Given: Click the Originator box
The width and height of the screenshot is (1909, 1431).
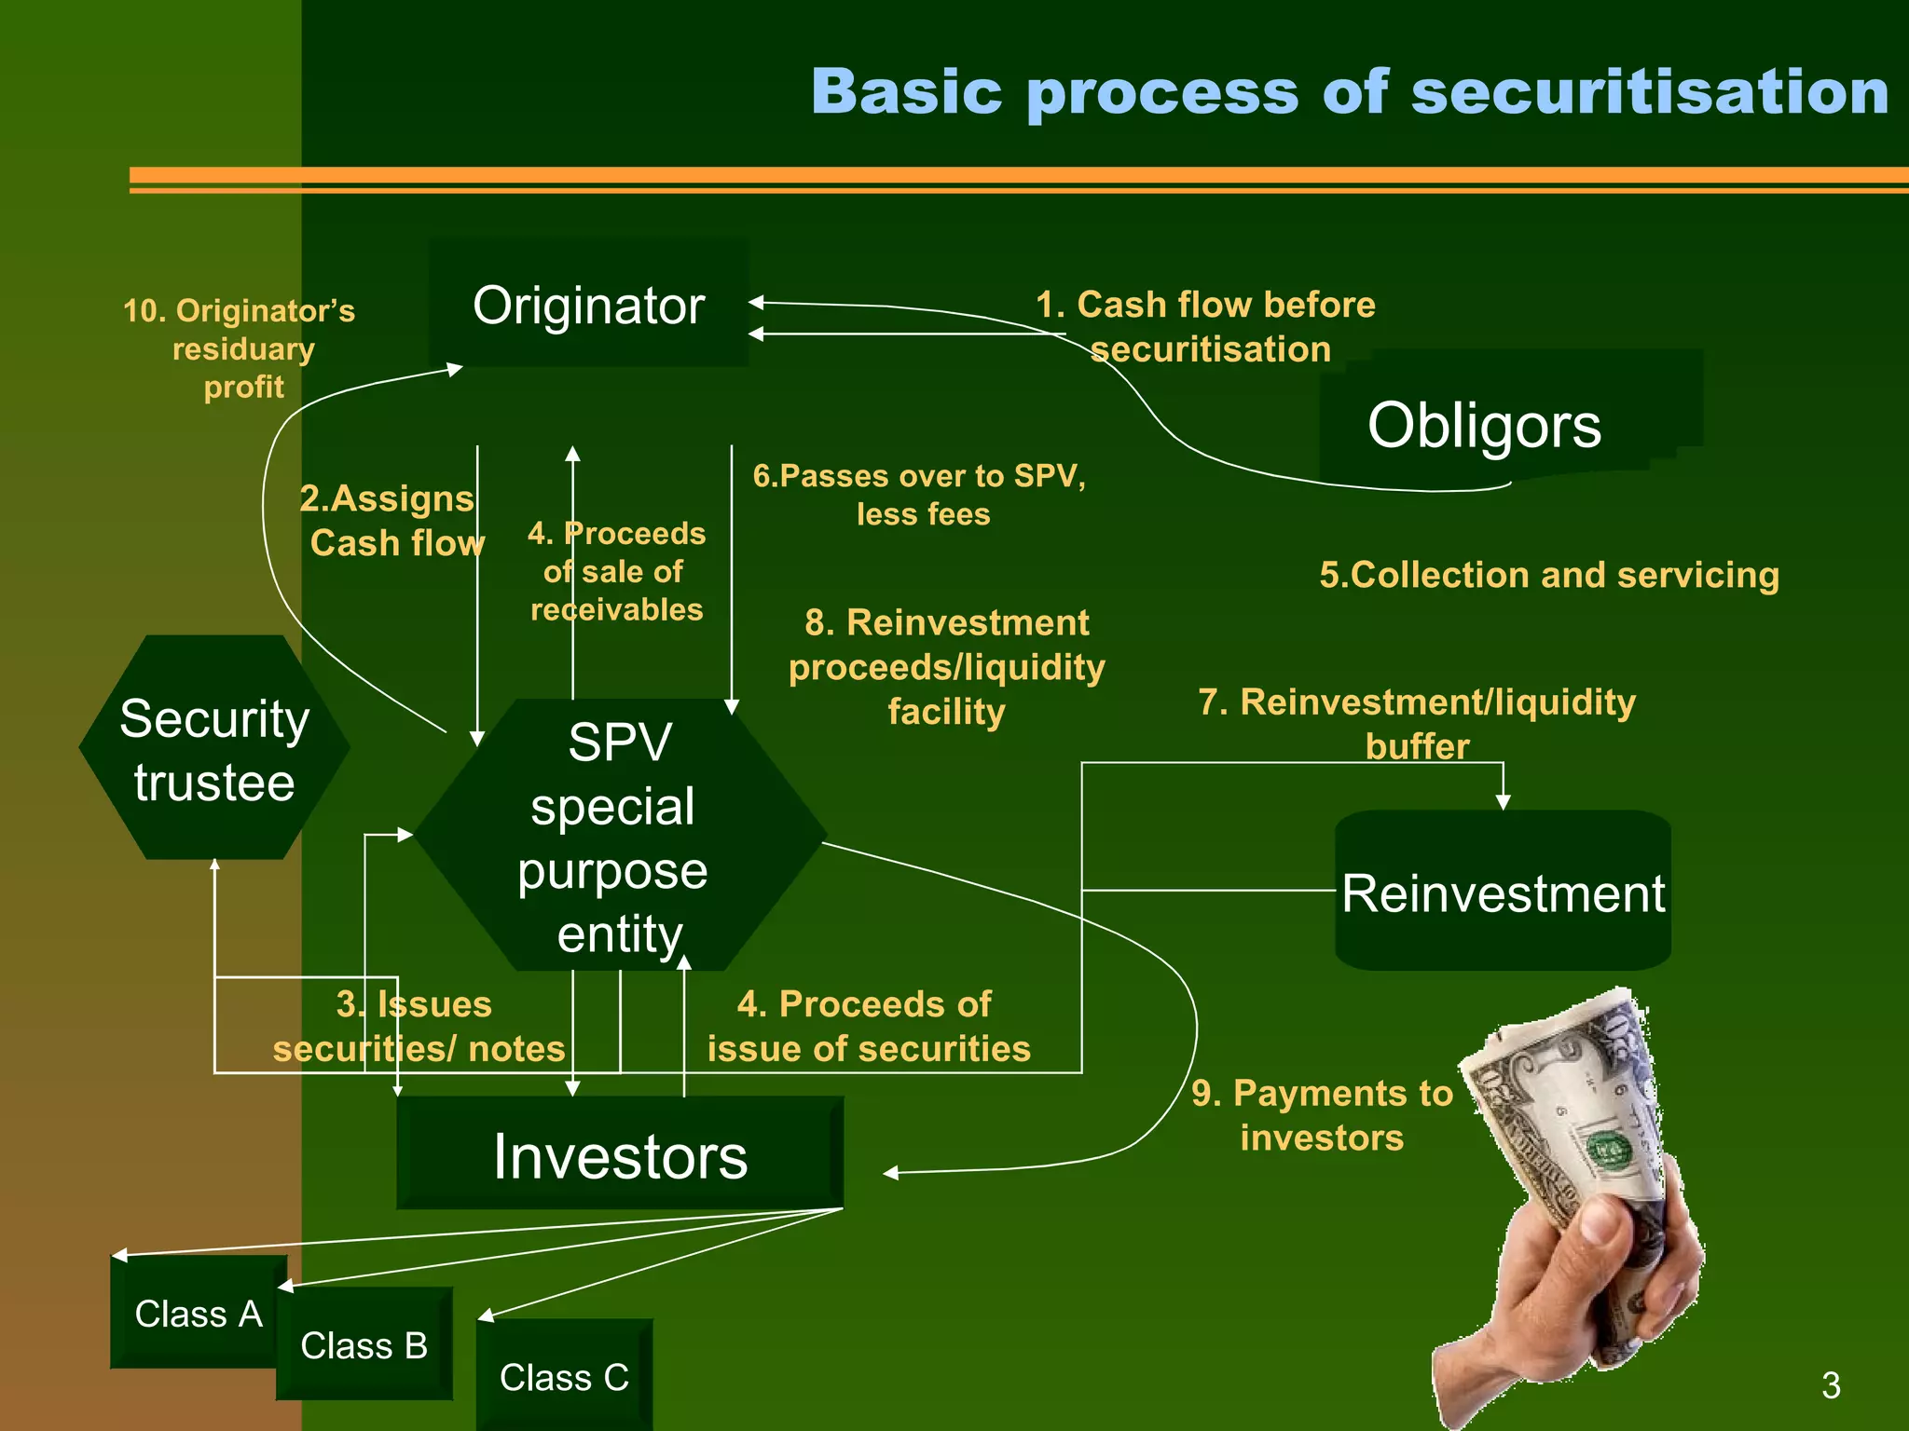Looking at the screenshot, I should click(588, 306).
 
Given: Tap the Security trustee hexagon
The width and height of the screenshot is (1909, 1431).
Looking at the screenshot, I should click(214, 749).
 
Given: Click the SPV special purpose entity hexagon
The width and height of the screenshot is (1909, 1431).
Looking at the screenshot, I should click(619, 837).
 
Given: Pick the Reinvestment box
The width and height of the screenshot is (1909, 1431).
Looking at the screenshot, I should click(1502, 893).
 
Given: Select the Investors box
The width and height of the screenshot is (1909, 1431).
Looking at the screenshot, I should click(620, 1155).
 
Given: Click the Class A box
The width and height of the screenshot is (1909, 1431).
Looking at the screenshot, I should click(198, 1314).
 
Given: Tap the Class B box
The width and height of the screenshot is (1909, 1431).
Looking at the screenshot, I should click(364, 1345).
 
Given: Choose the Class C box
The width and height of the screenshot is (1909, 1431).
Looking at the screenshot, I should click(564, 1377).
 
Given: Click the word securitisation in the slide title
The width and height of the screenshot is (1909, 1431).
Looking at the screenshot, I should click(1650, 93).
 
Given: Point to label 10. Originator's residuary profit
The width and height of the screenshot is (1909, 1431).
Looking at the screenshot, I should click(240, 348).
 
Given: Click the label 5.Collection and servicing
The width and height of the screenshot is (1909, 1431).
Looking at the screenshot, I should click(1548, 575).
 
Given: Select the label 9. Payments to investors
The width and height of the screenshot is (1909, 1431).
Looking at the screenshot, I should click(1322, 1115).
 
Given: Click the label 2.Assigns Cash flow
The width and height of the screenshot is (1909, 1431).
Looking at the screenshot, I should click(391, 521).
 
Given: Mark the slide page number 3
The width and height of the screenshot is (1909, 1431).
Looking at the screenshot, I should click(1831, 1385).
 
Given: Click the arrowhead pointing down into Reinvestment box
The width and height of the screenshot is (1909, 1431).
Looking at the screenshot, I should click(1503, 801).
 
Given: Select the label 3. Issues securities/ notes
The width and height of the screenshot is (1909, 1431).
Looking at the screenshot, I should click(419, 1027).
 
